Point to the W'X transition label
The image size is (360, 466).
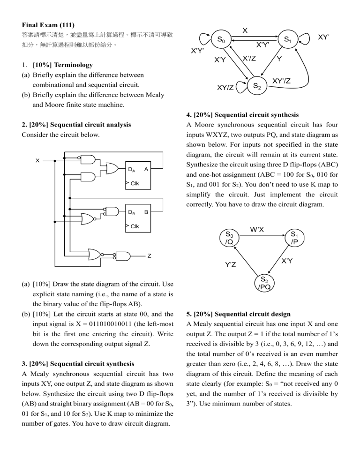pyautogui.click(x=256, y=229)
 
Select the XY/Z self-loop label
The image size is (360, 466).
pyautogui.click(x=225, y=87)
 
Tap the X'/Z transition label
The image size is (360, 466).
pyautogui.click(x=248, y=58)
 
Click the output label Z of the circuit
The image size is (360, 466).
pyautogui.click(x=149, y=256)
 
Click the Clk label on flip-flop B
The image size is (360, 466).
pyautogui.click(x=134, y=227)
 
